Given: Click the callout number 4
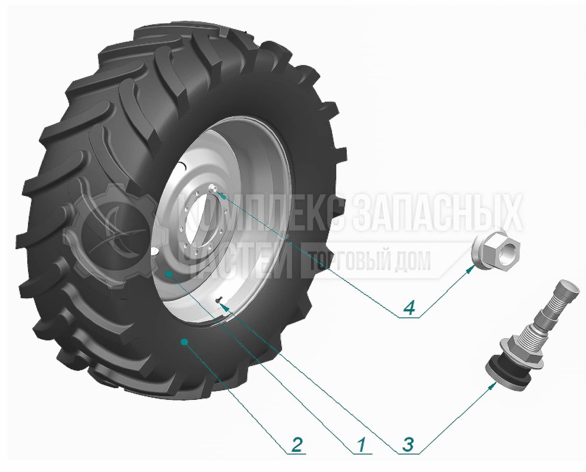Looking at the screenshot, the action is click(409, 308).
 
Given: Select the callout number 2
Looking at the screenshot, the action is click(297, 444).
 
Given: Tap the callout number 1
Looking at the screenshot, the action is click(361, 444).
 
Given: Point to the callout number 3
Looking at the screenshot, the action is click(408, 444).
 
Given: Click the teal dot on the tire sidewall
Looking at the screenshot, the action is click(184, 341).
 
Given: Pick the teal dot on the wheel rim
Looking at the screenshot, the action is click(169, 273).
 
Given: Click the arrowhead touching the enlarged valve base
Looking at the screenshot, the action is click(491, 387).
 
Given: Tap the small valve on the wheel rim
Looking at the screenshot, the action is click(220, 299).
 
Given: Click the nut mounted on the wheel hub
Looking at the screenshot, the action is click(213, 188).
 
